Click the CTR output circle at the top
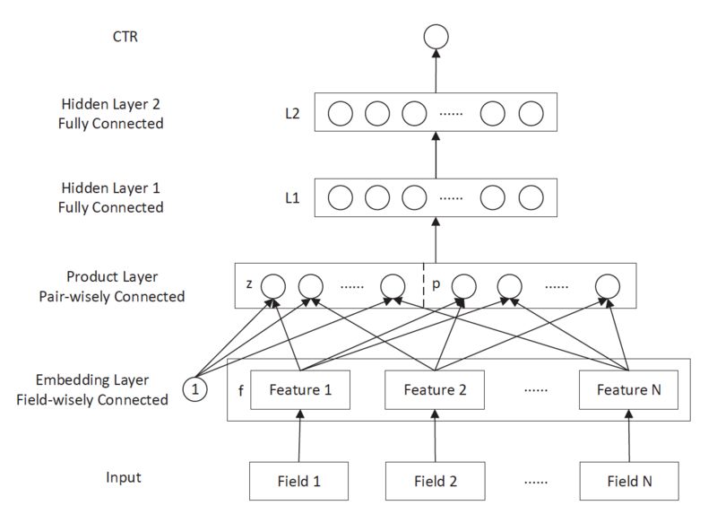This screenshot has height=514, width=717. pyautogui.click(x=435, y=37)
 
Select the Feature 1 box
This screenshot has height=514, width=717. pyautogui.click(x=299, y=390)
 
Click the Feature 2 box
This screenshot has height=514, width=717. pyautogui.click(x=436, y=390)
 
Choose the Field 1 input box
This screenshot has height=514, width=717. pyautogui.click(x=299, y=480)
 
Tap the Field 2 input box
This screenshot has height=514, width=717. pyautogui.click(x=436, y=480)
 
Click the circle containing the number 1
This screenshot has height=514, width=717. pyautogui.click(x=194, y=389)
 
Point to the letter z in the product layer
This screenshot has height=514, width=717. pyautogui.click(x=248, y=285)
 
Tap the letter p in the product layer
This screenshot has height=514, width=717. pyautogui.click(x=436, y=285)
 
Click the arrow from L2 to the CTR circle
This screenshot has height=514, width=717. pyautogui.click(x=435, y=71)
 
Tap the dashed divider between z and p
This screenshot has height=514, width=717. pyautogui.click(x=423, y=285)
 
